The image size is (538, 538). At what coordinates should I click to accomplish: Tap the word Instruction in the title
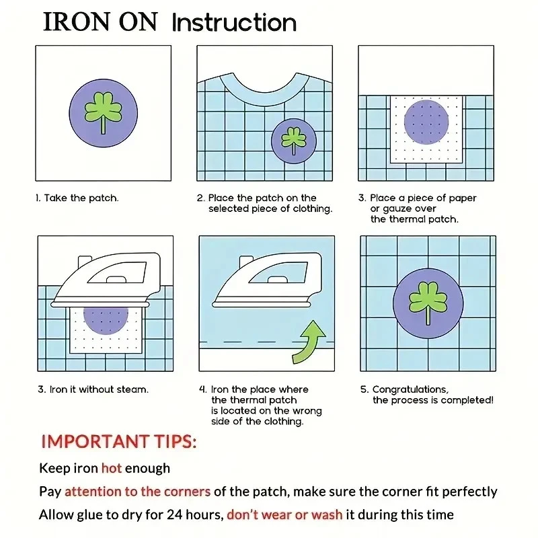(234, 23)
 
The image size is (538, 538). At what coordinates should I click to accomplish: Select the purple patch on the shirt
(294, 141)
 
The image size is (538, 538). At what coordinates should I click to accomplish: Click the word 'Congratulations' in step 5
(410, 390)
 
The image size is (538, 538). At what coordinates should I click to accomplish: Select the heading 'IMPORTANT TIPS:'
(119, 442)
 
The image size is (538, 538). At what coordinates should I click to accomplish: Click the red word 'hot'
(112, 468)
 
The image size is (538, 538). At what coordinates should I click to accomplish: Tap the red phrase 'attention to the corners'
(137, 492)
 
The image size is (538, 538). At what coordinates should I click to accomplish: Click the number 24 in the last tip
(174, 514)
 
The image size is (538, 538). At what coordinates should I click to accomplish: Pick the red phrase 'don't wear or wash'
(284, 514)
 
